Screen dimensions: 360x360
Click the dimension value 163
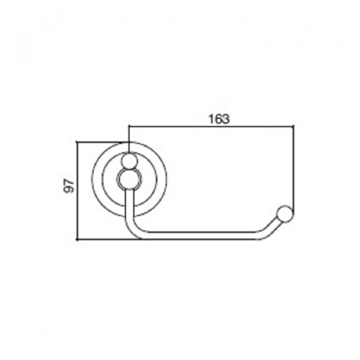(x=219, y=119)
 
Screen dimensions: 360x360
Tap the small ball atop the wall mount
(x=129, y=160)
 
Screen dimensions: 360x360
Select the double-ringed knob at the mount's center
(x=129, y=179)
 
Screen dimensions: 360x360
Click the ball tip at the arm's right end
(x=285, y=214)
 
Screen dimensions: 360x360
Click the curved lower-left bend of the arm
(x=136, y=229)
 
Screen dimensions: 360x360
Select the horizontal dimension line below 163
(x=211, y=126)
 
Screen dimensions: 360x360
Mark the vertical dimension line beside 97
(x=78, y=191)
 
